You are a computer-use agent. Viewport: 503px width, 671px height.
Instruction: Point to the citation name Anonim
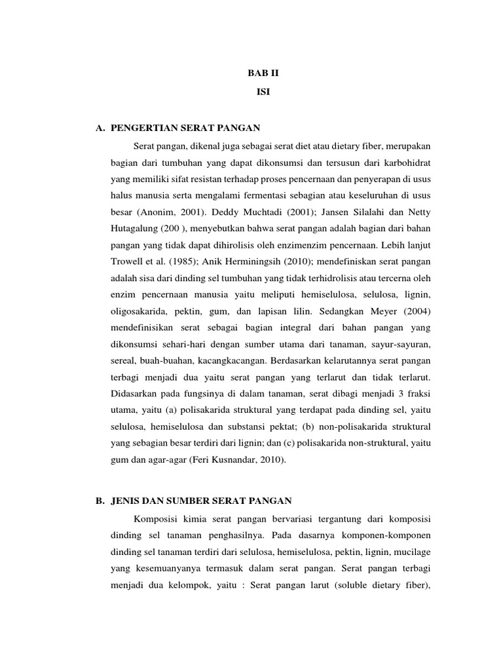(157, 212)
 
